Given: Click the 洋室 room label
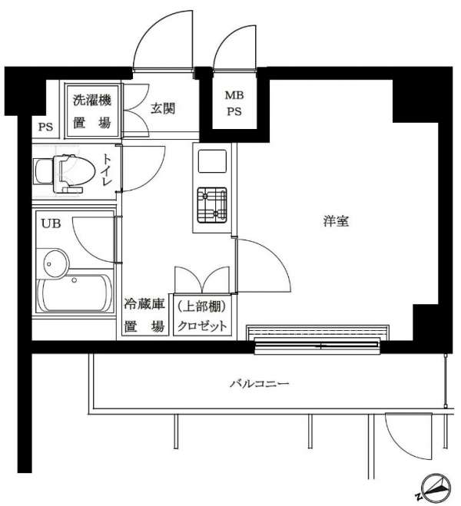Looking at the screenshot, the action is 336,221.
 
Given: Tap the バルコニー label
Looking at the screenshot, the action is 260,384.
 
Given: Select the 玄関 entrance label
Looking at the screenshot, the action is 163,108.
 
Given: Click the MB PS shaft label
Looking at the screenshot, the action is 234,103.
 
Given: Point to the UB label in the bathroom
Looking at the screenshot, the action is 51,223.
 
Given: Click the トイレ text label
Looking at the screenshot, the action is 107,170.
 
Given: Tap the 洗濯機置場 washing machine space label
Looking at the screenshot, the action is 92,111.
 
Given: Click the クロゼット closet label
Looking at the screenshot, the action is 202,326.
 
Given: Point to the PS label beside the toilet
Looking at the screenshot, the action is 45,127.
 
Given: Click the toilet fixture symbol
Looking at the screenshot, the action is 65,174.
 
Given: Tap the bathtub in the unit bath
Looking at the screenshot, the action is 75,293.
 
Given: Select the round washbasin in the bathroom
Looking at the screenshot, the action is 56,263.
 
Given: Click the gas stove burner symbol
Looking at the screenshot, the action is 212,205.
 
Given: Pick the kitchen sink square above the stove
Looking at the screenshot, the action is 212,161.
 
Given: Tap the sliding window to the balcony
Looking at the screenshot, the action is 317,346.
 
